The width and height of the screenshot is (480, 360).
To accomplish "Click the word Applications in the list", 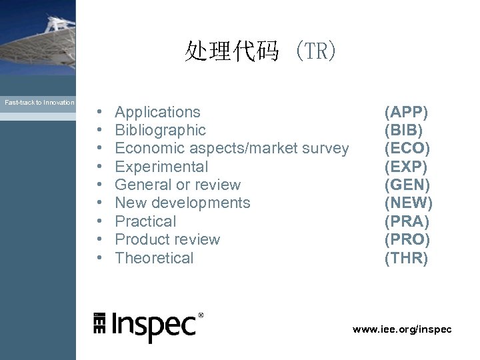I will pyautogui.click(x=157, y=112).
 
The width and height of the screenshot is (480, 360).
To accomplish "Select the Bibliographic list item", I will pyautogui.click(x=160, y=130).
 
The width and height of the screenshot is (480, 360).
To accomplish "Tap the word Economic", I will pyautogui.click(x=147, y=148).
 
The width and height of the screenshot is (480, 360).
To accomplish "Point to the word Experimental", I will pyautogui.click(x=161, y=167).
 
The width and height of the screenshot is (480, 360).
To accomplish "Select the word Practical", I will pyautogui.click(x=145, y=221).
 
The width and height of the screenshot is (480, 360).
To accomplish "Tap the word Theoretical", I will pyautogui.click(x=154, y=258).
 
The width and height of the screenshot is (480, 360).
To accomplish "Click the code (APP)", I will pyautogui.click(x=406, y=112).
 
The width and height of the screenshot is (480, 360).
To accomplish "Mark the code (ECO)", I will pyautogui.click(x=407, y=148).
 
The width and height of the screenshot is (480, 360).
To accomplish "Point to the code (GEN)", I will pyautogui.click(x=407, y=185).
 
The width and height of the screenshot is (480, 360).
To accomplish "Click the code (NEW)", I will pyautogui.click(x=408, y=203).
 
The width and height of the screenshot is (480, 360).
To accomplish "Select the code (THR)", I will pyautogui.click(x=406, y=258).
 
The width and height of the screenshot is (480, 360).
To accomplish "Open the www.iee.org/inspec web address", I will pyautogui.click(x=402, y=329).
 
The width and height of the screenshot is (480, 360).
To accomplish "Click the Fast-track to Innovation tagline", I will pyautogui.click(x=39, y=103).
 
